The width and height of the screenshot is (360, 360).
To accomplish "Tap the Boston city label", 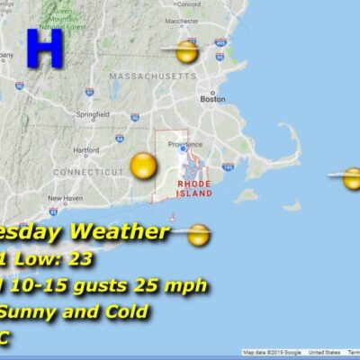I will coord(212,99).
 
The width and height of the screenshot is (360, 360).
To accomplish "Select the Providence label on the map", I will coord(185,142).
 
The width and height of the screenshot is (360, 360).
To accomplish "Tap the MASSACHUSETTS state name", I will coord(151,77).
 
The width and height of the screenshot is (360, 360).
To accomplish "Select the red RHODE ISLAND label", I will coord(194,187).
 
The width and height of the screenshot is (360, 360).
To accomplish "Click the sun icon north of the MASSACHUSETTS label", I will coord(186,52).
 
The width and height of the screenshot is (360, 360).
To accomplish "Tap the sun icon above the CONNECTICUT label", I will coord(142,165).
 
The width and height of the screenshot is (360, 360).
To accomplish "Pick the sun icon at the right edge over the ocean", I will coord(352,177).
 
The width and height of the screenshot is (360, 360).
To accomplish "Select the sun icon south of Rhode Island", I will coord(199,236).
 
